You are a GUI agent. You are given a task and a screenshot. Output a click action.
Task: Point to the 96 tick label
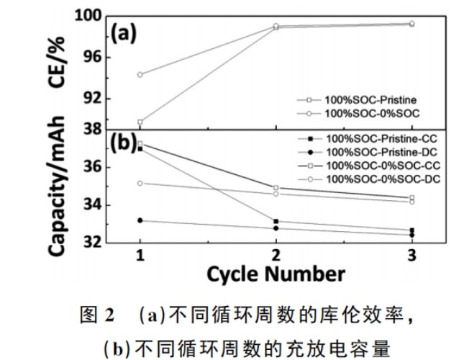coord(91,57)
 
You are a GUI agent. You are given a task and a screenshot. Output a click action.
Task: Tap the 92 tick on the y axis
coord(91,98)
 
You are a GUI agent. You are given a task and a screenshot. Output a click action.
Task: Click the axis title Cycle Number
coord(277,274)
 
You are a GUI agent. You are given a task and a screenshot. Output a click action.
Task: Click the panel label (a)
coord(124,34)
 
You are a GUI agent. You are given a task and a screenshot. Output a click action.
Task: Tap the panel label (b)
coord(124,143)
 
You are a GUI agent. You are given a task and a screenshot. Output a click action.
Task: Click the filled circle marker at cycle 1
coord(140,220)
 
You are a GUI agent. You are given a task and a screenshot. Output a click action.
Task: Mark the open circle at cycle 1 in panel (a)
coord(140,74)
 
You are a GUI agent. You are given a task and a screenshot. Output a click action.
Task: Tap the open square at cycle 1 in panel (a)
coord(140,122)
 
